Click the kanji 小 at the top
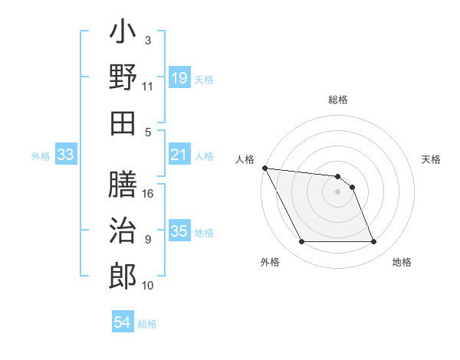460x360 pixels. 123,34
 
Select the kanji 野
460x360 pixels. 123,79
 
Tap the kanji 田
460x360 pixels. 123,123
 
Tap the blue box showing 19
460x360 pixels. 179,78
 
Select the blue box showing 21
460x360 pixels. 179,155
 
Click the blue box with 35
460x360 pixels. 179,231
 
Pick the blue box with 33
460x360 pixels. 65,155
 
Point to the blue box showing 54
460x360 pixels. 123,322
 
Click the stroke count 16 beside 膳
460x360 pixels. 149,194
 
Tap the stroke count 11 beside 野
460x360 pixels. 148,87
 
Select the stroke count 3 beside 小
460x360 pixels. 148,40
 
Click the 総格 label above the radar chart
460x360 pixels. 338,100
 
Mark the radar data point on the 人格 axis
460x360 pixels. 264,168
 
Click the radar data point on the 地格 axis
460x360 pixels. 373,242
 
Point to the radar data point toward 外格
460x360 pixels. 301,242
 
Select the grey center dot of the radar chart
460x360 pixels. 337,191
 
